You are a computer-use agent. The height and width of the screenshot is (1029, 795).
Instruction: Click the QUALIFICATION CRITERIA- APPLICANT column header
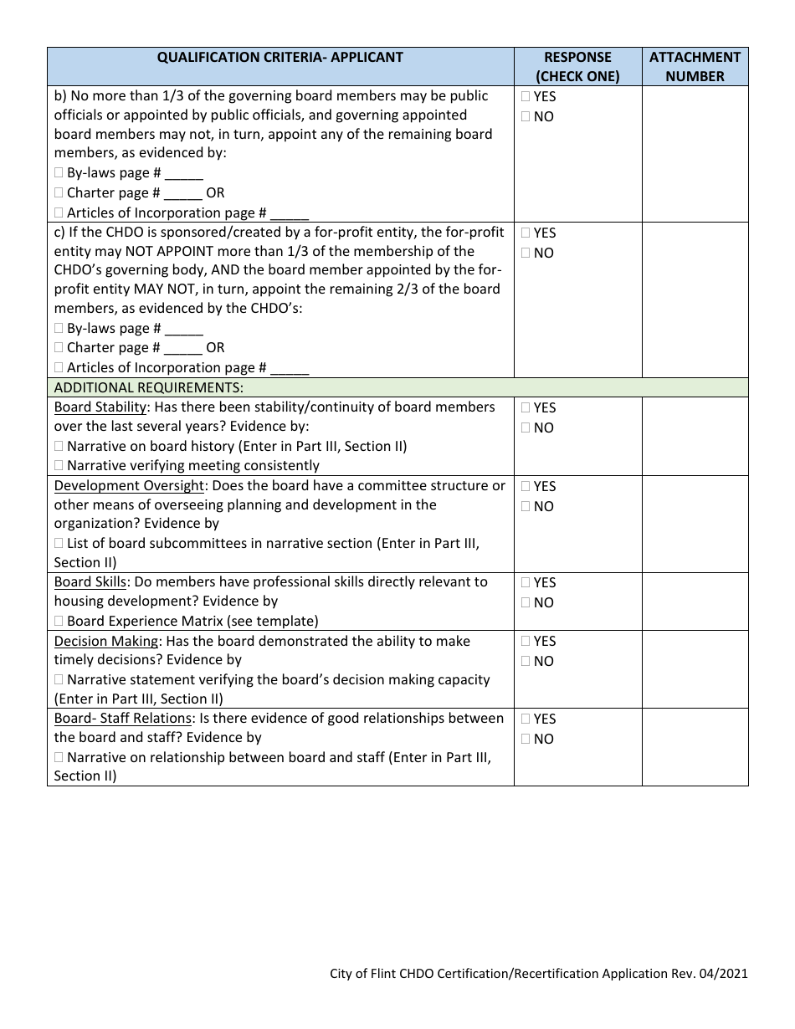280,58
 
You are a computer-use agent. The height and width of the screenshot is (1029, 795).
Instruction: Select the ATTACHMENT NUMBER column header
695,67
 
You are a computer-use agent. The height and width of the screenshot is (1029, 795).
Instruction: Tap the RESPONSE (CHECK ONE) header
577,67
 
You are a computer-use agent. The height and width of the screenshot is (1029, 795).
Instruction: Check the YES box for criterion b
526,97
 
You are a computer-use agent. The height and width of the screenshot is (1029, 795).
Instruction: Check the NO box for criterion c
526,253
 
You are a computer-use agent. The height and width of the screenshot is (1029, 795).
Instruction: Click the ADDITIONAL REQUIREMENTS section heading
149,387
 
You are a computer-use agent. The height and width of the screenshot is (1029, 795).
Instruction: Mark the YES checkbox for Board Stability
526,408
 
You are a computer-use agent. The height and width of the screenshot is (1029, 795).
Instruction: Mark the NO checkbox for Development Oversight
526,507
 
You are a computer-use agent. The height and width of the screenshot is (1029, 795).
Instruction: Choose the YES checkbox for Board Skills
526,583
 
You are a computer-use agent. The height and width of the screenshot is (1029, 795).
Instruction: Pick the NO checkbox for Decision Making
526,662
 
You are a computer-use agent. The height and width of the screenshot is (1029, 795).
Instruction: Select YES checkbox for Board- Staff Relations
526,719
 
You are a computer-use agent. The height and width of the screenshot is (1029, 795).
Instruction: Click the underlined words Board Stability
100,407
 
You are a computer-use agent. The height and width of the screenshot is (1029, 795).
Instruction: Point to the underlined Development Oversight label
129,486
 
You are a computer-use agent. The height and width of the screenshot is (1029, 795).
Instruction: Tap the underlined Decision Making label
106,642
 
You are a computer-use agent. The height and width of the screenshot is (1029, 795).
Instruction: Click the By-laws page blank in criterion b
184,174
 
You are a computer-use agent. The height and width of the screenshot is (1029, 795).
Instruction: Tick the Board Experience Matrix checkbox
59,622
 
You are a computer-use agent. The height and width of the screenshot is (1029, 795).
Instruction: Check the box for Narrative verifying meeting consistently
59,466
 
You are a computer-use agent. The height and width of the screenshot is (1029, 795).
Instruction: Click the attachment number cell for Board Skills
695,602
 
